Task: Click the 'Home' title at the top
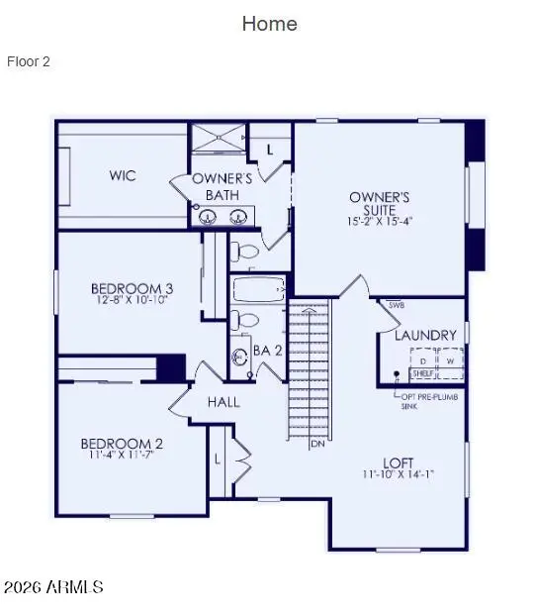[x=269, y=24]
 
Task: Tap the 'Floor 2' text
[x=29, y=61]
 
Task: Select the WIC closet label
[x=123, y=176]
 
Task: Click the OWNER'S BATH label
[x=223, y=186]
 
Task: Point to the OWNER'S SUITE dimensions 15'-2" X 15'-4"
[x=379, y=222]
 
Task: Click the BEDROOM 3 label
[x=131, y=289]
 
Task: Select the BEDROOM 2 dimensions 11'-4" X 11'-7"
[x=123, y=457]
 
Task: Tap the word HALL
[x=223, y=403]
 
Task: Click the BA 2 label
[x=267, y=351]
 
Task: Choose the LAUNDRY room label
[x=425, y=336]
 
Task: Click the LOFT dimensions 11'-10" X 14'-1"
[x=399, y=474]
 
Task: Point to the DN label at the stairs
[x=317, y=444]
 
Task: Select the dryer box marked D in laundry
[x=422, y=360]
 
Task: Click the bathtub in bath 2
[x=258, y=289]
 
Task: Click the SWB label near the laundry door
[x=396, y=305]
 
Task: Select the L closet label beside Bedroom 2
[x=218, y=459]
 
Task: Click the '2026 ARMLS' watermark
[x=53, y=587]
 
